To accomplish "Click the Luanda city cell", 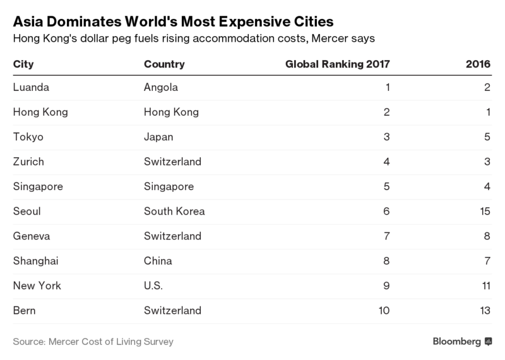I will point(30,88).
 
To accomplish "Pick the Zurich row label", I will point(28,162).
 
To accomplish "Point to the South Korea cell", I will point(174,212).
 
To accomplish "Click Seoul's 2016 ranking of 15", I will point(485,212).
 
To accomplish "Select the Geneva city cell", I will point(30,236).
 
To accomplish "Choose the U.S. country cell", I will point(153,285).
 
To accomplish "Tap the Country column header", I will point(164,64).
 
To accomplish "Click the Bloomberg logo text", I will point(457,342).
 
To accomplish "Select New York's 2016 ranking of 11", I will point(485,285).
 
